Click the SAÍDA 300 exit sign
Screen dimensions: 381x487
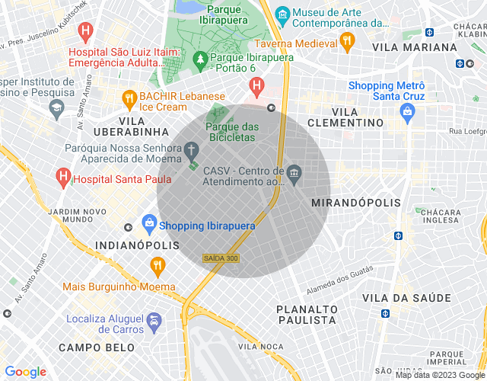pyautogui.click(x=221, y=259)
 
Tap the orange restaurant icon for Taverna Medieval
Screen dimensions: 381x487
pyautogui.click(x=349, y=41)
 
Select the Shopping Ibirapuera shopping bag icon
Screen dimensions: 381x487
pyautogui.click(x=148, y=225)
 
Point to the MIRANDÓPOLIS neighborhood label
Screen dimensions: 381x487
pyautogui.click(x=356, y=203)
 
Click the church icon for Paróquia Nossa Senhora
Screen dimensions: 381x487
pyautogui.click(x=193, y=149)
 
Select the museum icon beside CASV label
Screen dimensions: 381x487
pyautogui.click(x=294, y=177)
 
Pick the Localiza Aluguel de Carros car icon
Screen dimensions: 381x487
pyautogui.click(x=154, y=322)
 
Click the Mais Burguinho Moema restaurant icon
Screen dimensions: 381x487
pyautogui.click(x=158, y=266)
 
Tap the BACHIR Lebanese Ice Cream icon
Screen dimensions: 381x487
pyautogui.click(x=129, y=98)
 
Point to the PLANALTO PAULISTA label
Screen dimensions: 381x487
pyautogui.click(x=307, y=315)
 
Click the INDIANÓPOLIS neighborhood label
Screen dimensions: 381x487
pyautogui.click(x=138, y=245)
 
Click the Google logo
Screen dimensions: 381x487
pyautogui.click(x=25, y=372)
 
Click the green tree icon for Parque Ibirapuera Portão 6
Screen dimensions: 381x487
pyautogui.click(x=200, y=58)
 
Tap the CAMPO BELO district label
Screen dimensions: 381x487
pyautogui.click(x=97, y=347)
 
